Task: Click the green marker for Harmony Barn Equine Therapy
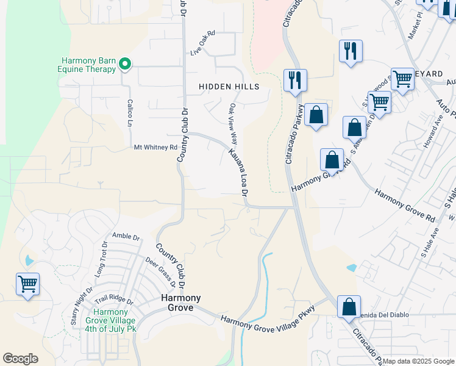[125, 63]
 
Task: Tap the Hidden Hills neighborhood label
[229, 87]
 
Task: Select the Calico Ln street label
[130, 113]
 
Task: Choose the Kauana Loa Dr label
[238, 172]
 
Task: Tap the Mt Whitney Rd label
[155, 147]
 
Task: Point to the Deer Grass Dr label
[161, 273]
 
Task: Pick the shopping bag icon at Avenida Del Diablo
[349, 306]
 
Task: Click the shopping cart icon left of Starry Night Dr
[28, 284]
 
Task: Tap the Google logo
[20, 359]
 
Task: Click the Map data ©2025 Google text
[418, 361]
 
